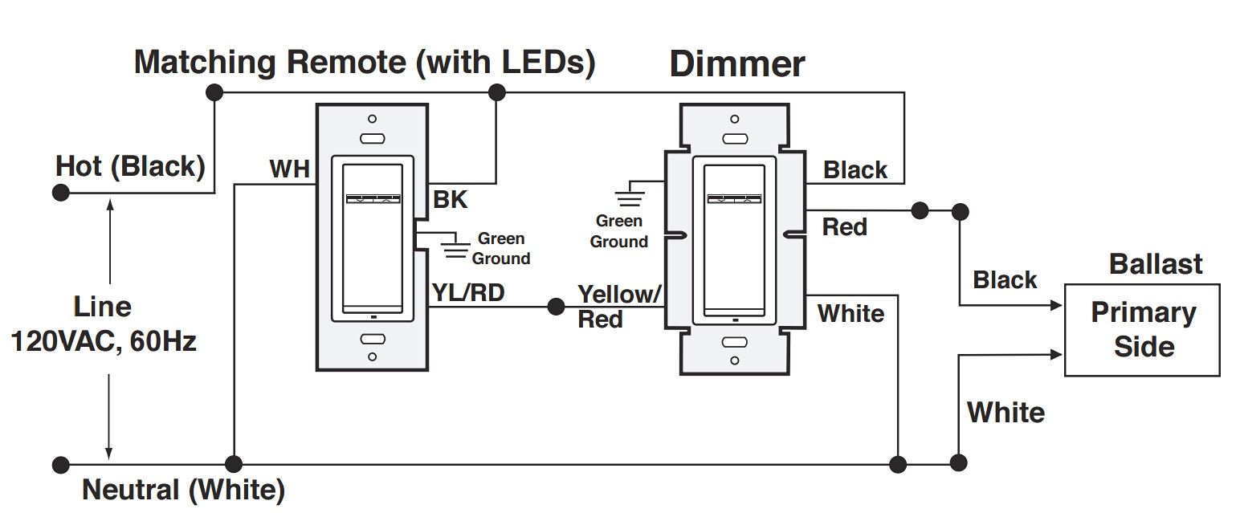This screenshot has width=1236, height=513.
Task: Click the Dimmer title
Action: tap(736, 64)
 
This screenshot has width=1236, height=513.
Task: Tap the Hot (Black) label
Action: tap(130, 167)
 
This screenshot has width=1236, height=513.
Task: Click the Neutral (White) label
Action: tap(183, 489)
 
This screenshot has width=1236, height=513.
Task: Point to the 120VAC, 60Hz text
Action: tap(103, 341)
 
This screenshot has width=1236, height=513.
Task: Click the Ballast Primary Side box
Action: tap(1143, 330)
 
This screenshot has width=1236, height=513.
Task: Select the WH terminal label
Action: tap(289, 169)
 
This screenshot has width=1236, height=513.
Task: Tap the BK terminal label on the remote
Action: tap(451, 200)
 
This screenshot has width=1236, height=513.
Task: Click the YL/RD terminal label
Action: tap(468, 293)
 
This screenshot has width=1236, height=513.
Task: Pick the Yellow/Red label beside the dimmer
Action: tap(618, 306)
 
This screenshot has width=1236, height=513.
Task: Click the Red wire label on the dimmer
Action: tap(844, 227)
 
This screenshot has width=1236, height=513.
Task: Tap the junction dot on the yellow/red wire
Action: tap(555, 307)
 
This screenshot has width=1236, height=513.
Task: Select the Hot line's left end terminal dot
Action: tap(59, 193)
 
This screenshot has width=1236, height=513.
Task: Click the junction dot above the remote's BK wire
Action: tap(496, 92)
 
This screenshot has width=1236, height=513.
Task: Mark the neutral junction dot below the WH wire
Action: tap(234, 464)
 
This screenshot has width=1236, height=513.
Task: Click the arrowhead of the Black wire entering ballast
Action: tap(1058, 306)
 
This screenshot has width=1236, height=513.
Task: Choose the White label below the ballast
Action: tap(1006, 413)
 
